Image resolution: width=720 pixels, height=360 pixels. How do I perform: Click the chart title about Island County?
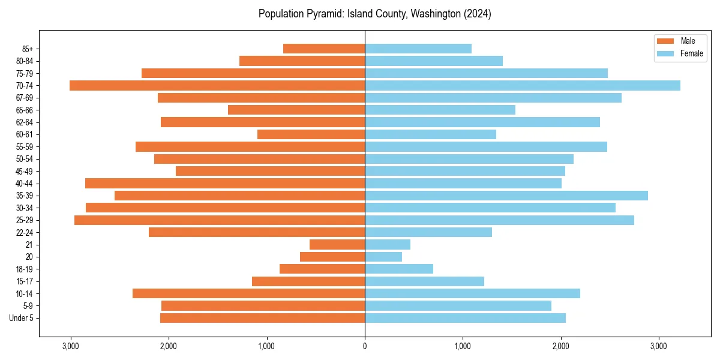pyautogui.click(x=374, y=14)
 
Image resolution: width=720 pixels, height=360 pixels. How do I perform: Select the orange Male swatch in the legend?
pyautogui.click(x=665, y=41)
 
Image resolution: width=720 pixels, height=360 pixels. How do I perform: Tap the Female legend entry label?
pyautogui.click(x=692, y=53)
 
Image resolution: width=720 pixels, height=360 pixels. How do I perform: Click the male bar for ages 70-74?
pyautogui.click(x=217, y=85)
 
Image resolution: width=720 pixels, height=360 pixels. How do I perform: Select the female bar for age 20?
pyautogui.click(x=383, y=257)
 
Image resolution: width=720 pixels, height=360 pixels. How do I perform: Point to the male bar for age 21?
pyautogui.click(x=337, y=244)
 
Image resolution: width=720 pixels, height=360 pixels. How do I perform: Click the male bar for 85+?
pyautogui.click(x=324, y=49)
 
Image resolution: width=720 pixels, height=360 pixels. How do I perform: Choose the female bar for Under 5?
pyautogui.click(x=465, y=318)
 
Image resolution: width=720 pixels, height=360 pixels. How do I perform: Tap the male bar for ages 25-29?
pyautogui.click(x=220, y=220)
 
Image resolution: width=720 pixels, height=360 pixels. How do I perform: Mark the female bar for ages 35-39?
pyautogui.click(x=506, y=196)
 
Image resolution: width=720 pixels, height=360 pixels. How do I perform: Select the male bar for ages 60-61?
pyautogui.click(x=311, y=134)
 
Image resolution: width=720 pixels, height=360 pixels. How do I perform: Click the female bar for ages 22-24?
pyautogui.click(x=428, y=232)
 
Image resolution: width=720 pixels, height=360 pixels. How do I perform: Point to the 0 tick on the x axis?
pyautogui.click(x=365, y=346)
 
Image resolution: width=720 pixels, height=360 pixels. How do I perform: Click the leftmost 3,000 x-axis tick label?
pyautogui.click(x=71, y=346)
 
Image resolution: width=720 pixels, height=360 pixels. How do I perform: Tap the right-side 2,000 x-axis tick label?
pyautogui.click(x=560, y=346)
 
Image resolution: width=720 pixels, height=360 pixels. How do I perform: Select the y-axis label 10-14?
pyautogui.click(x=24, y=293)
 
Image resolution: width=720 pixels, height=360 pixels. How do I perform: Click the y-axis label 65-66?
pyautogui.click(x=24, y=110)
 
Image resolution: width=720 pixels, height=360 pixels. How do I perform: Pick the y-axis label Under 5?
pyautogui.click(x=22, y=318)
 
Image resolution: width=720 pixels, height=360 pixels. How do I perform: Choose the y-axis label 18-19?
pyautogui.click(x=24, y=269)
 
